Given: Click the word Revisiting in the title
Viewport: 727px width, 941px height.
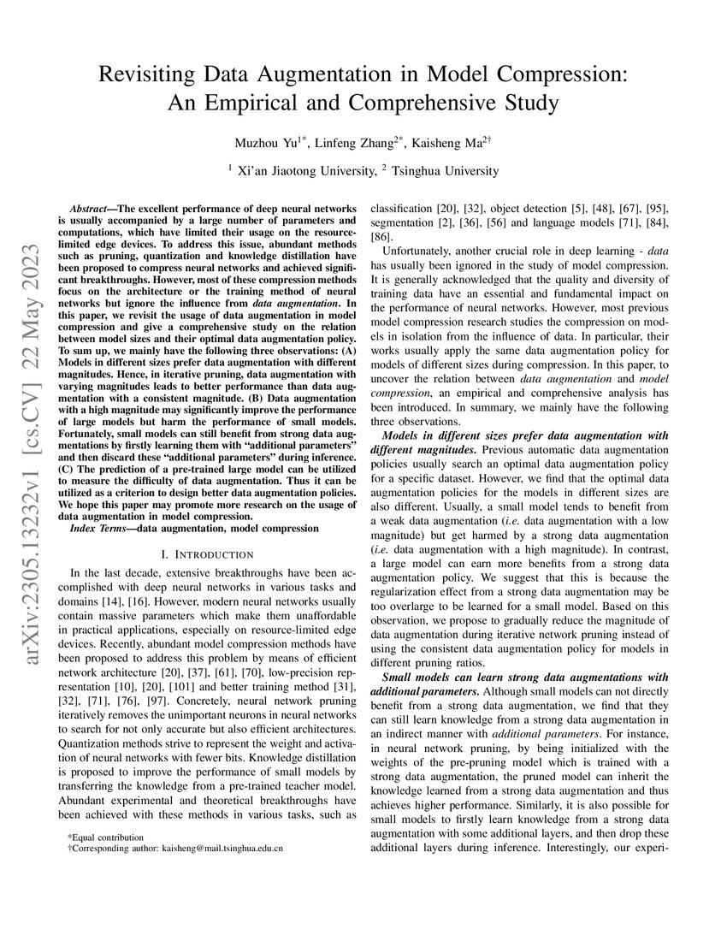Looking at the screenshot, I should (151, 74).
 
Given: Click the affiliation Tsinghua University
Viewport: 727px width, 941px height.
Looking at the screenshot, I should (445, 170).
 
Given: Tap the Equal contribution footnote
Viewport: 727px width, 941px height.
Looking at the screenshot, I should (108, 837).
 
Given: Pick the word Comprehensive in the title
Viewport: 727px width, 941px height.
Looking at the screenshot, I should (480, 104).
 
